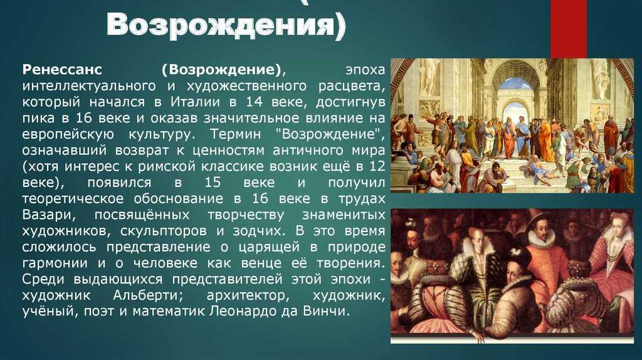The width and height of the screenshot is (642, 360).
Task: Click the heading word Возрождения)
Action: point(226,25)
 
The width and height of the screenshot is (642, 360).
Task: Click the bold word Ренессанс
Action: point(62,69)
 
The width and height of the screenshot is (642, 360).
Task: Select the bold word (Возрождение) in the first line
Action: point(223,70)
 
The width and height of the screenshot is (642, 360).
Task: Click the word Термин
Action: point(236,134)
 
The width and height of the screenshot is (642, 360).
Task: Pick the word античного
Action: point(307,151)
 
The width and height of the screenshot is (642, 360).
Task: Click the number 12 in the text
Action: point(377,166)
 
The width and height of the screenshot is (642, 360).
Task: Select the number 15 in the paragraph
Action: point(213,183)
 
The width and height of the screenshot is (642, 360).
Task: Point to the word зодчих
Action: point(258,231)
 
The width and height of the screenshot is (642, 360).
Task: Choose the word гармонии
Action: point(55,263)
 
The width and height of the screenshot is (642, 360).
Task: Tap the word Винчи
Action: point(326,311)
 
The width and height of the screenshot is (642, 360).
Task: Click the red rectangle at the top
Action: point(568,29)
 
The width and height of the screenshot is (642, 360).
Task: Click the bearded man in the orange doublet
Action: point(542,254)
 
